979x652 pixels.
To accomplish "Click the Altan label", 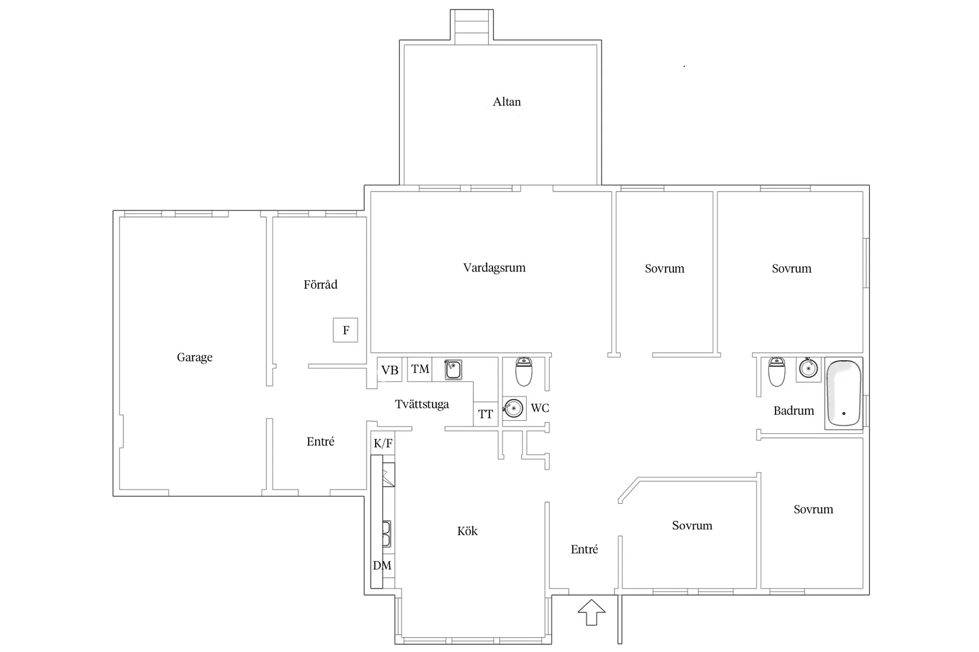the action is [x=507, y=102].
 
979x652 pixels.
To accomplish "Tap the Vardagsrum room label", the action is [x=494, y=268].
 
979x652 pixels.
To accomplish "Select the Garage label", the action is [x=195, y=357].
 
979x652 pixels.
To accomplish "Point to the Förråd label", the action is [x=320, y=285].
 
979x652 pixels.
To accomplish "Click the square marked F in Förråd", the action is [x=345, y=330].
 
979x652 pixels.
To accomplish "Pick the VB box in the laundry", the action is [x=389, y=369].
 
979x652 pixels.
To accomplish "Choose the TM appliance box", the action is [x=420, y=369].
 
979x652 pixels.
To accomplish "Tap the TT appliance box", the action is [x=485, y=414].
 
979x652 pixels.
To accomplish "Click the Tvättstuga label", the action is [x=422, y=404].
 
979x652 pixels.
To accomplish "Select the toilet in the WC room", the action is [x=523, y=372].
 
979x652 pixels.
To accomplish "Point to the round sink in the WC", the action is [x=514, y=408].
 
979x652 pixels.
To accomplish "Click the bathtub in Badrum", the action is [x=844, y=393].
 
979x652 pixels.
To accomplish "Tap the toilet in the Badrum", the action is [x=776, y=372].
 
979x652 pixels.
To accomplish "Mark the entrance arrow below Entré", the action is [x=592, y=612].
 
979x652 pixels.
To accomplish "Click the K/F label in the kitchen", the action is [x=383, y=444].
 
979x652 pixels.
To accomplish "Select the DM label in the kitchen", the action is [x=382, y=565].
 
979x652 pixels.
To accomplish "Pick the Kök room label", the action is [x=467, y=531].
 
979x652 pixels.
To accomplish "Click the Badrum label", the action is [x=794, y=411].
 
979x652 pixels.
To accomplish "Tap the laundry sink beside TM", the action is [x=453, y=369].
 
